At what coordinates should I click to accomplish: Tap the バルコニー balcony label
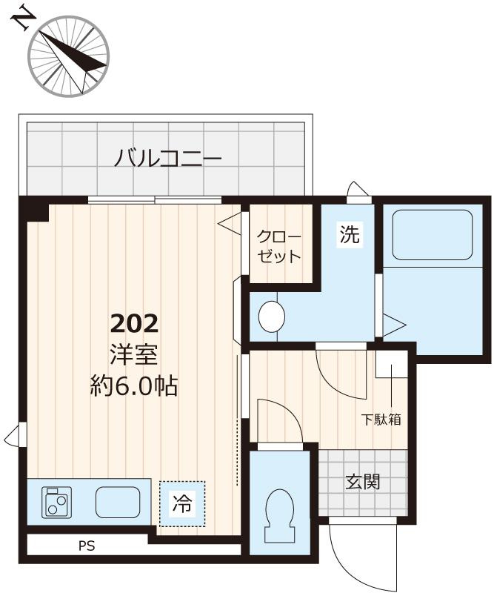pos(168,158)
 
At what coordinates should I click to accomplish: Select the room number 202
pos(134,323)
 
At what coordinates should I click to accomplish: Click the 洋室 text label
pos(134,355)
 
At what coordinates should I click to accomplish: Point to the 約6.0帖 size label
pos(134,386)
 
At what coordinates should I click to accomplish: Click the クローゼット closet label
pos(279,248)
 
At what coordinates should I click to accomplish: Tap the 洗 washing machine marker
pos(349,235)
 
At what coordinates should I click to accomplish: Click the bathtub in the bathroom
pos(432,235)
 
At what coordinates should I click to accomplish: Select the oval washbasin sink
pos(272,317)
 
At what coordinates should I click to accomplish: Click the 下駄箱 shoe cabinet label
pos(381,420)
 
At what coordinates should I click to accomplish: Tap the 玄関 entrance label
pos(363,482)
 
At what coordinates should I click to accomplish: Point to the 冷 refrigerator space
pos(181,505)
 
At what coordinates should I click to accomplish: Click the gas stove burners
pos(56,502)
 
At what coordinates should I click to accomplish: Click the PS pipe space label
pos(87,546)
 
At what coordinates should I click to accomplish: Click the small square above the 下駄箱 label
pos(390,365)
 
